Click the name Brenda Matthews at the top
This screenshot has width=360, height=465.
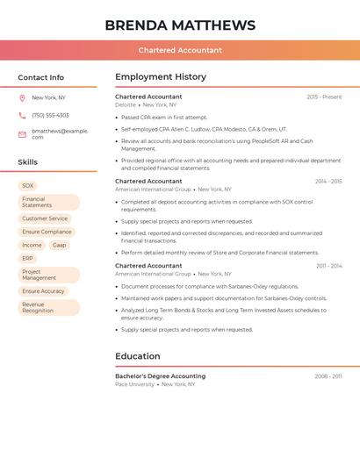click(x=180, y=25)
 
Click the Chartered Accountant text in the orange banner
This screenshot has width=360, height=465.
click(x=180, y=50)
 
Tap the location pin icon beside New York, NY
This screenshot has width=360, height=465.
click(x=22, y=98)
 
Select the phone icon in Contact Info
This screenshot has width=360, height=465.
click(x=22, y=116)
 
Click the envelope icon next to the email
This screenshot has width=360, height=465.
click(x=22, y=134)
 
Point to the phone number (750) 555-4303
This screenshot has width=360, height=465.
click(x=50, y=116)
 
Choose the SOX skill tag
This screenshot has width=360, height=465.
click(x=28, y=186)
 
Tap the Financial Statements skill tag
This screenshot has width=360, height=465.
click(x=48, y=203)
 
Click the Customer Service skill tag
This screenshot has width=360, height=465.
click(x=45, y=218)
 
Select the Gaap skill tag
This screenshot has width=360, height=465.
click(x=59, y=246)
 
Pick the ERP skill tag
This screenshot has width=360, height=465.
click(x=28, y=259)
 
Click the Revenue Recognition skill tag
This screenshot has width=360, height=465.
click(x=48, y=307)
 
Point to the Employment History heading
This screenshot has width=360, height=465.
click(x=161, y=77)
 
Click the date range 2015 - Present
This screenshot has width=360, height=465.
click(x=324, y=97)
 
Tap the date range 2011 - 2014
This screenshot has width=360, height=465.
click(x=329, y=266)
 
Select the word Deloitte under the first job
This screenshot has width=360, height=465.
click(x=126, y=105)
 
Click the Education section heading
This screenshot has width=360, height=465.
click(x=138, y=356)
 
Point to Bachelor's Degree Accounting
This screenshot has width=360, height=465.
click(x=160, y=376)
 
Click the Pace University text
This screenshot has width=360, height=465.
click(x=134, y=384)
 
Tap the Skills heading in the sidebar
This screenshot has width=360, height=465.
click(x=28, y=162)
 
